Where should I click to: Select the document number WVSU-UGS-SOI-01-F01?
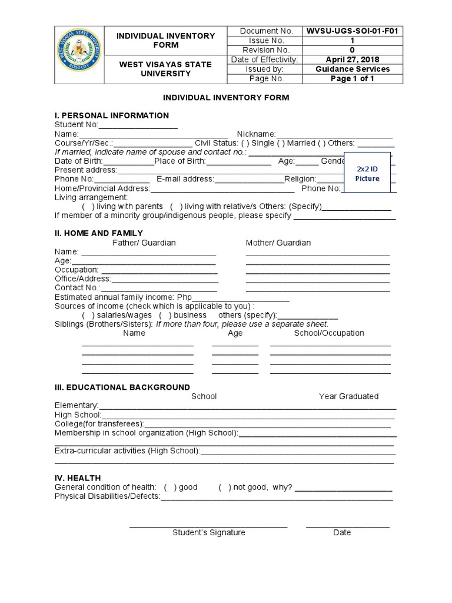coord(352,31)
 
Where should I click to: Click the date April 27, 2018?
coord(352,59)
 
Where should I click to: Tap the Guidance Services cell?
coord(352,69)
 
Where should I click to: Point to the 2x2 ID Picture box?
coord(367,173)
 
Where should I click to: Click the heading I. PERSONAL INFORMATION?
coord(112,115)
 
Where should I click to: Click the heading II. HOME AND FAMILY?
coord(99,233)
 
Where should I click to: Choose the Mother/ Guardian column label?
coord(278,243)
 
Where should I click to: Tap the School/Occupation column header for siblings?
coord(329,333)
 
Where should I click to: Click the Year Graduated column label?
coord(348,396)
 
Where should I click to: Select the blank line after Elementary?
coord(247,406)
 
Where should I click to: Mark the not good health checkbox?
coord(224,488)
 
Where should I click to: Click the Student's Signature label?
coord(208,532)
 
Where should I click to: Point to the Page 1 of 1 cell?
coord(352,78)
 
